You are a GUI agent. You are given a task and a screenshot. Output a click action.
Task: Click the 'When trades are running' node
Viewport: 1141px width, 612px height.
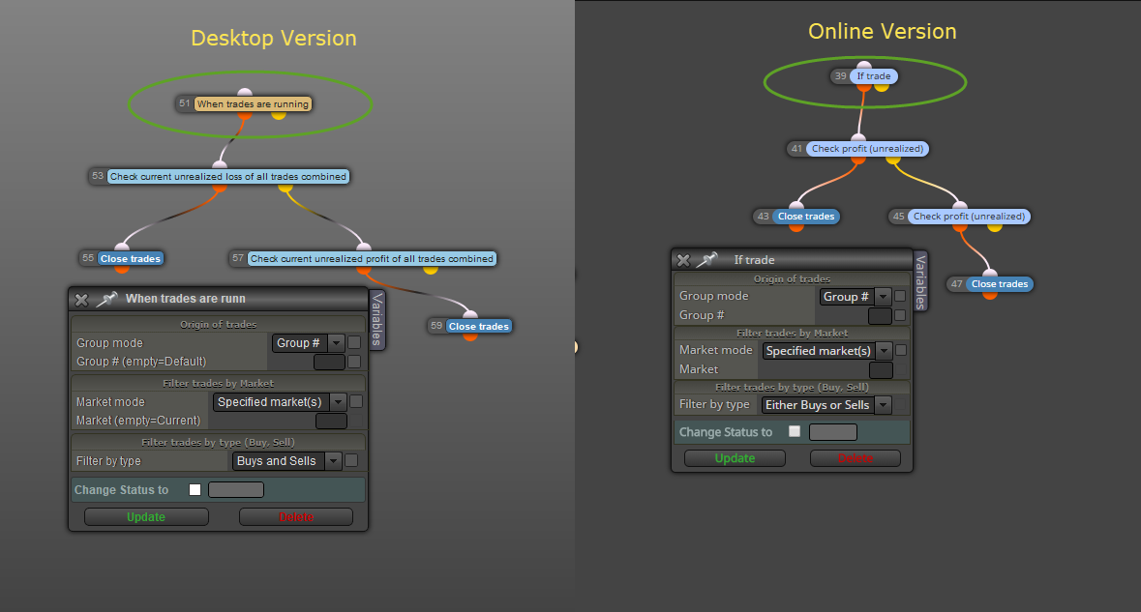[x=253, y=104]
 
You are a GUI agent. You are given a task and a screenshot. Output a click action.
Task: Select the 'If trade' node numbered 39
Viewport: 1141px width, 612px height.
[x=873, y=76]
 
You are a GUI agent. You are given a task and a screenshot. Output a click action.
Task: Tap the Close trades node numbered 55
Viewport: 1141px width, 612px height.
[x=131, y=259]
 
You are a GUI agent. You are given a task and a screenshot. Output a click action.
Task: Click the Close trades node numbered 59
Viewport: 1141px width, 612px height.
[x=479, y=327]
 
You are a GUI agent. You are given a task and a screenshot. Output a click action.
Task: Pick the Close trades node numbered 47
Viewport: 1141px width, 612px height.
[x=999, y=284]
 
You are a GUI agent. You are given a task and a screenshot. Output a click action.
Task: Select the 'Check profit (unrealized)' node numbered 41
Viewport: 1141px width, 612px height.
[x=867, y=149]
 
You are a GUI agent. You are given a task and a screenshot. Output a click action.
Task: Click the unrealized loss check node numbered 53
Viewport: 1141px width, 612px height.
[x=227, y=177]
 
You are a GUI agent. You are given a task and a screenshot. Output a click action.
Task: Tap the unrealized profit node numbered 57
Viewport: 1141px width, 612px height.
[x=372, y=259]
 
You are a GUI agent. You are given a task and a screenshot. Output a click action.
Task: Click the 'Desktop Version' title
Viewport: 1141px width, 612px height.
[x=274, y=38]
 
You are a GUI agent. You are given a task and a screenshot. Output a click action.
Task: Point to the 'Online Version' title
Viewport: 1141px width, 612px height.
[x=882, y=31]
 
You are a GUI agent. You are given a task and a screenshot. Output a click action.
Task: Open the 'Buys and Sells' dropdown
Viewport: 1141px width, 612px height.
[x=286, y=461]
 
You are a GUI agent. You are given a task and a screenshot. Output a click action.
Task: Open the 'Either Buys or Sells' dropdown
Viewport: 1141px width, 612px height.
[x=826, y=405]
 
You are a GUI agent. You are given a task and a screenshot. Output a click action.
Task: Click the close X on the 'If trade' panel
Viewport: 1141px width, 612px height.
[x=683, y=259]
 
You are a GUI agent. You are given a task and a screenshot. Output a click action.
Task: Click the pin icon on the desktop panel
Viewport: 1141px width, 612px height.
[x=107, y=299]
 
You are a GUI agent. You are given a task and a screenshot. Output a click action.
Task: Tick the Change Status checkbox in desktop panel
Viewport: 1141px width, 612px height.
[x=195, y=490]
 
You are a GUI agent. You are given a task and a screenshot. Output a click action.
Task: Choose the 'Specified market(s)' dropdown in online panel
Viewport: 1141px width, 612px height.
[x=826, y=351]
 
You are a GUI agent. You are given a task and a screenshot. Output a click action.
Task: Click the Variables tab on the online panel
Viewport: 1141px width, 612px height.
[x=920, y=282]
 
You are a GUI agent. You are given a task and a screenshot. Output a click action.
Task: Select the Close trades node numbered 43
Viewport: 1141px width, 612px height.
[x=805, y=217]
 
